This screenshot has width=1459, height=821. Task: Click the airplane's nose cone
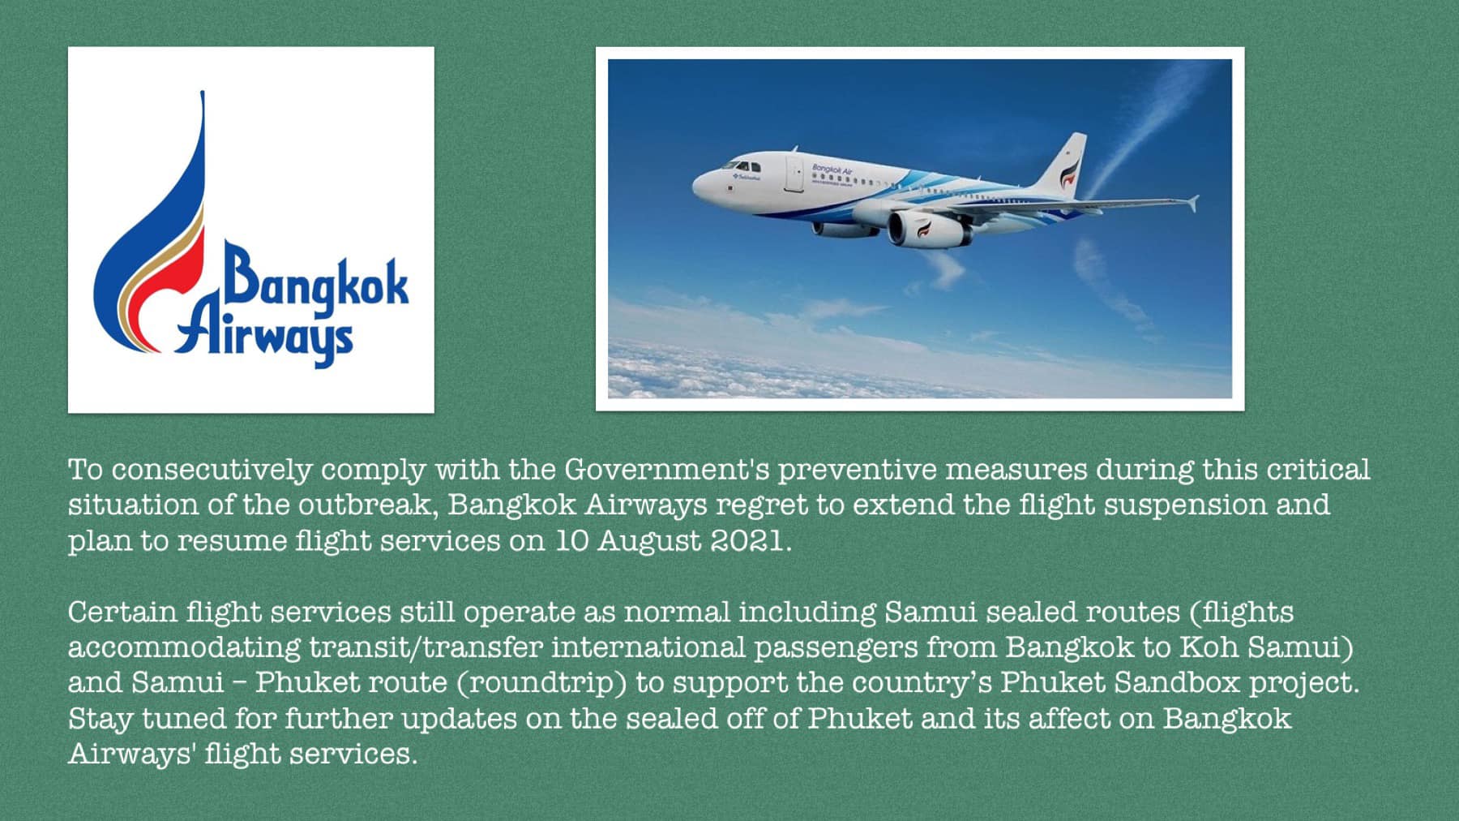click(x=700, y=184)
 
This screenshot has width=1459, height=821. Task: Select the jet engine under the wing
click(x=927, y=228)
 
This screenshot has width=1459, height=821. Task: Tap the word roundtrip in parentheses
click(x=542, y=683)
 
